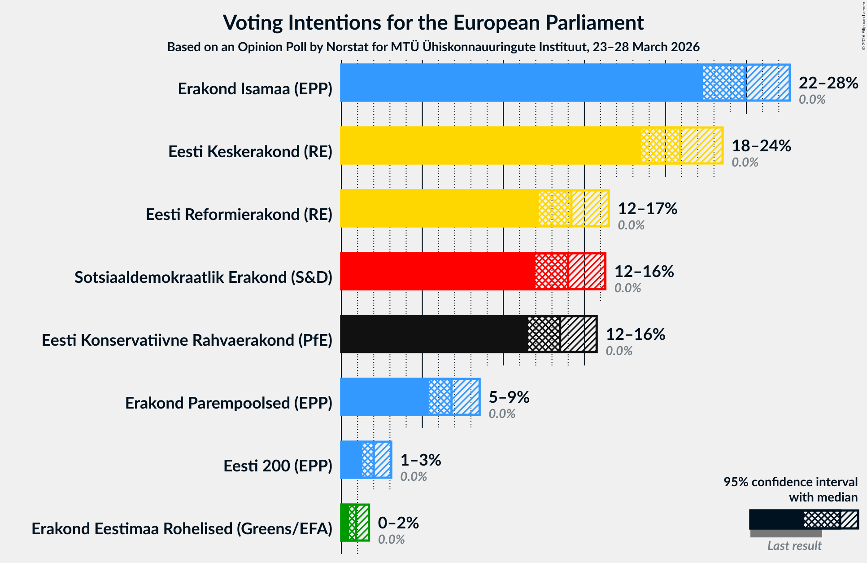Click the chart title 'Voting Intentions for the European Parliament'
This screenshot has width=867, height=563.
pos(433,22)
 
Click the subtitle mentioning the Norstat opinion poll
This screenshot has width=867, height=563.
pos(433,47)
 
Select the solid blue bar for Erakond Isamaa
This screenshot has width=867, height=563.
pos(520,83)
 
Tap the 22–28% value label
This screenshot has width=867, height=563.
pos(828,83)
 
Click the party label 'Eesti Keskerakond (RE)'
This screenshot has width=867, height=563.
pos(250,152)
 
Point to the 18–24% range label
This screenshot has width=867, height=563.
pos(761,146)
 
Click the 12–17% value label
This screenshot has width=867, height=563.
pos(647,209)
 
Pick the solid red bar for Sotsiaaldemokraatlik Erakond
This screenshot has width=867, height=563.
pos(437,271)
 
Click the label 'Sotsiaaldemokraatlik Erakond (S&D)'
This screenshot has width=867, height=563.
pos(203,277)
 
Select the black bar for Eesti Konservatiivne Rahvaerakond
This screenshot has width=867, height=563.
pos(433,334)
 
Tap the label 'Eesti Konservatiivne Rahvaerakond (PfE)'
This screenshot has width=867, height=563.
pos(187,340)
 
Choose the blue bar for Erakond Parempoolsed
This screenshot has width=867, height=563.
pos(384,397)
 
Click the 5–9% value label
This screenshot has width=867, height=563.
pos(509,397)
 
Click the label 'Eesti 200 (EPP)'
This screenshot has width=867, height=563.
pos(278,466)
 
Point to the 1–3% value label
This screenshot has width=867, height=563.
pos(420,460)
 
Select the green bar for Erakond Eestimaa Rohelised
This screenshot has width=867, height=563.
pos(344,523)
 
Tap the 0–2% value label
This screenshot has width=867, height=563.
pos(398,523)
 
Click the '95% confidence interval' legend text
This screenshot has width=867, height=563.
pos(790,482)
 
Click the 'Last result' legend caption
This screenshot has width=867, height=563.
pos(794,545)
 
